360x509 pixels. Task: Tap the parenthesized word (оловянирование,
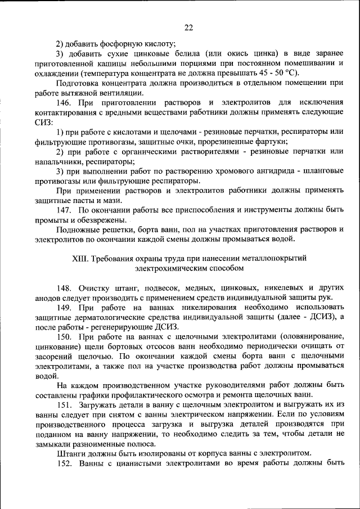point(311,336)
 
